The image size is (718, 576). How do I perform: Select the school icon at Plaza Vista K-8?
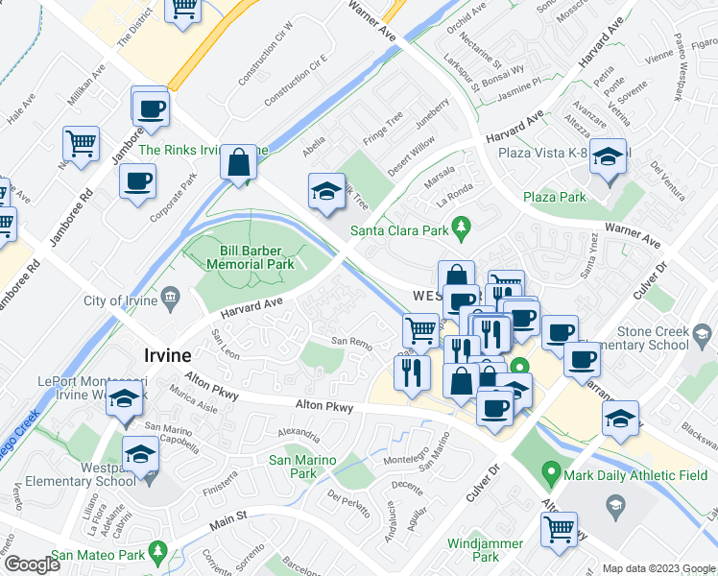click(x=608, y=158)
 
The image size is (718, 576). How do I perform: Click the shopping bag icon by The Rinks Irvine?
click(x=239, y=162)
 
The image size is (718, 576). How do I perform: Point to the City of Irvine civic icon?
click(x=171, y=300)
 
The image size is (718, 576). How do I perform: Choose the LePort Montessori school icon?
click(x=125, y=403)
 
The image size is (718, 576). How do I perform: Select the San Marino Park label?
click(x=303, y=467)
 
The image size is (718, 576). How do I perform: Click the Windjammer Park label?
click(x=486, y=550)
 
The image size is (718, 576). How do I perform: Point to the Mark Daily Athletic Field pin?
click(x=550, y=472)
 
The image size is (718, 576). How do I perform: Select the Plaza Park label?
click(x=555, y=197)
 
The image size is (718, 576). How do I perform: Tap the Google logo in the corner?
click(x=31, y=564)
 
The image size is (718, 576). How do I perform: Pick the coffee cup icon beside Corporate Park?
click(x=136, y=181)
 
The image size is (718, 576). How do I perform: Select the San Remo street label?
click(x=351, y=342)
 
